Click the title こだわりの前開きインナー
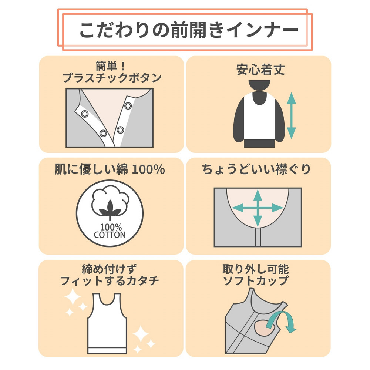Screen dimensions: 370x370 click(x=189, y=30)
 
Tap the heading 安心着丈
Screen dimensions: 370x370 click(x=260, y=70)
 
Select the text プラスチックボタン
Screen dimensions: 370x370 click(x=112, y=78)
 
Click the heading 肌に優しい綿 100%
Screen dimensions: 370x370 click(x=110, y=169)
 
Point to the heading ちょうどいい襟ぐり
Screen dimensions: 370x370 click(x=256, y=169)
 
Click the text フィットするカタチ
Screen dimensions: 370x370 click(x=110, y=281)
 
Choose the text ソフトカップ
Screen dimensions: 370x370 click(x=256, y=281)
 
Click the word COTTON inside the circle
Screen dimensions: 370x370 click(x=110, y=235)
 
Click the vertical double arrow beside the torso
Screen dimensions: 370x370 click(x=292, y=115)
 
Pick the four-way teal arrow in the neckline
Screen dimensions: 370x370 click(x=258, y=208)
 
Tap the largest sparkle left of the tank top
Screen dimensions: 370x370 click(x=73, y=296)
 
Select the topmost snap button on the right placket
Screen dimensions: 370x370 click(x=128, y=106)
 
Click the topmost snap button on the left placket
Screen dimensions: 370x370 click(x=84, y=114)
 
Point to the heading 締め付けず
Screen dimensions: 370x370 click(x=110, y=269)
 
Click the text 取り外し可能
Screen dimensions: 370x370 click(x=256, y=269)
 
